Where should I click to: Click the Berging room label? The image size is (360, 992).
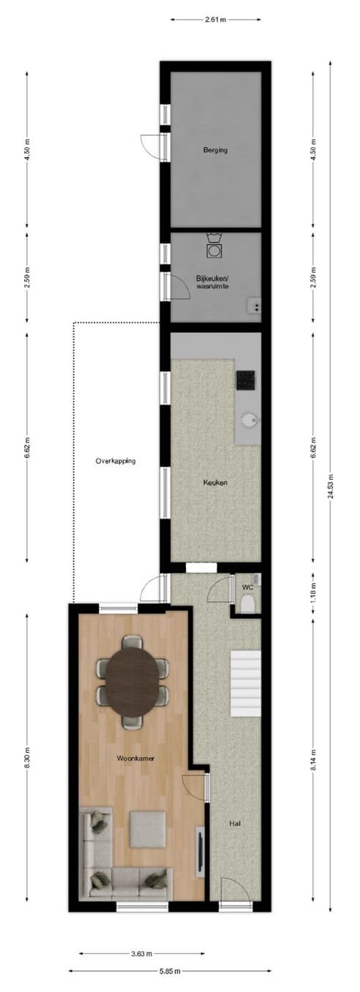(x=215, y=151)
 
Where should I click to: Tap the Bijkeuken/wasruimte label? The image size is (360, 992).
(x=212, y=282)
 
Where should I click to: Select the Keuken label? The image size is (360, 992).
(x=214, y=482)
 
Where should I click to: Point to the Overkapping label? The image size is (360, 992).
(x=116, y=461)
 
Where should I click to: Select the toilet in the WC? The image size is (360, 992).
(x=247, y=604)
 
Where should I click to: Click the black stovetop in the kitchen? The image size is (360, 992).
(x=245, y=380)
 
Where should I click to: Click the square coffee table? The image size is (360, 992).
(x=148, y=829)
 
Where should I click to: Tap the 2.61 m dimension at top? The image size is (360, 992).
(x=215, y=20)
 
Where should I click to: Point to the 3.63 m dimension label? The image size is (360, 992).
(x=141, y=953)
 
